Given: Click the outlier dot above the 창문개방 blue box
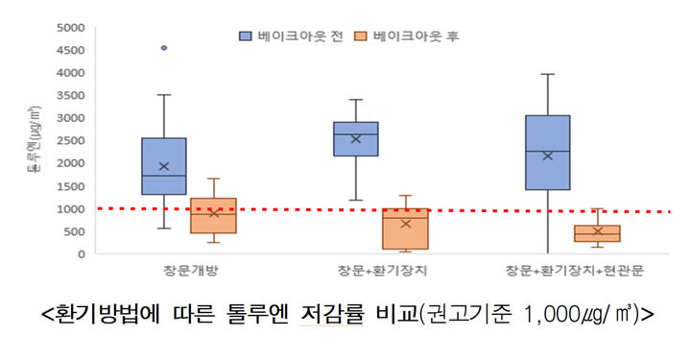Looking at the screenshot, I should (x=164, y=47).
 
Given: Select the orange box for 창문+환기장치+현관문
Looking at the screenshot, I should (x=597, y=233).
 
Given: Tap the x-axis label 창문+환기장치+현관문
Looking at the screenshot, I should (x=574, y=273).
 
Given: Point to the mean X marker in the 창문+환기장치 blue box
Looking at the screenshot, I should (x=355, y=138).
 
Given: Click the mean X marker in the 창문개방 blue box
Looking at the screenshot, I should (x=164, y=166).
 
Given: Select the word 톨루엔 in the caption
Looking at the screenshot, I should (x=280, y=313).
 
